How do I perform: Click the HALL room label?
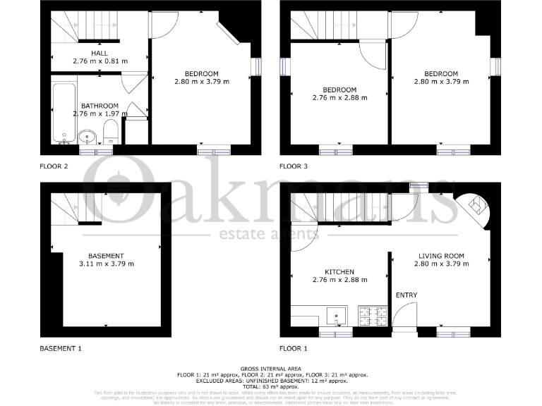pos(100,53)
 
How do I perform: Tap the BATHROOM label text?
pos(100,106)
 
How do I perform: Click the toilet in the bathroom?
pos(109,131)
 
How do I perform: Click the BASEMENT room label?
pos(106,256)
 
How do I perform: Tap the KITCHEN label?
pos(339,272)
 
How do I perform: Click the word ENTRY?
pos(406,295)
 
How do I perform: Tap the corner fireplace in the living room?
pos(477,206)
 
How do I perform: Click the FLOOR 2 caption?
pos(54,167)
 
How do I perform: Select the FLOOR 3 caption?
pos(294,167)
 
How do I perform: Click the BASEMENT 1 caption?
pos(61,349)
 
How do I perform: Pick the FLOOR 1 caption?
pos(294,349)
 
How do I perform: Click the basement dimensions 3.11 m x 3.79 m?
pos(106,264)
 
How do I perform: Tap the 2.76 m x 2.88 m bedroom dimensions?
pos(339,98)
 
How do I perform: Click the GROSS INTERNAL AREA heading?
pos(271,369)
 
